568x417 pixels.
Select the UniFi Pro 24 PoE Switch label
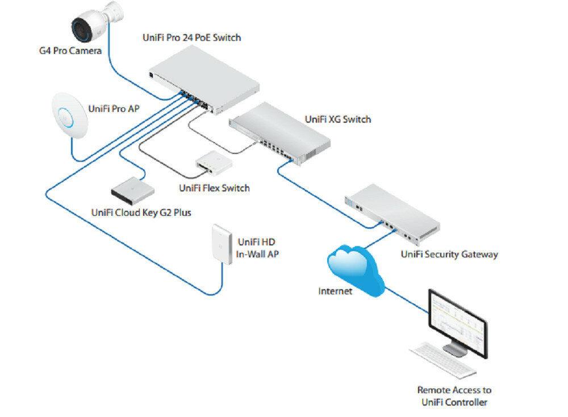point(191,38)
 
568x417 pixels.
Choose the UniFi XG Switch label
point(337,119)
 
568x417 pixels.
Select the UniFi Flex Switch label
point(214,187)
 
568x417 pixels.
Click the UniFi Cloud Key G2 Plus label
point(141,213)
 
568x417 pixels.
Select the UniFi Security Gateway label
point(449,254)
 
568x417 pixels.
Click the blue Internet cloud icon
point(357,265)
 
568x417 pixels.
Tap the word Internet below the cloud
point(335,291)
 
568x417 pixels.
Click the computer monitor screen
point(457,321)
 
